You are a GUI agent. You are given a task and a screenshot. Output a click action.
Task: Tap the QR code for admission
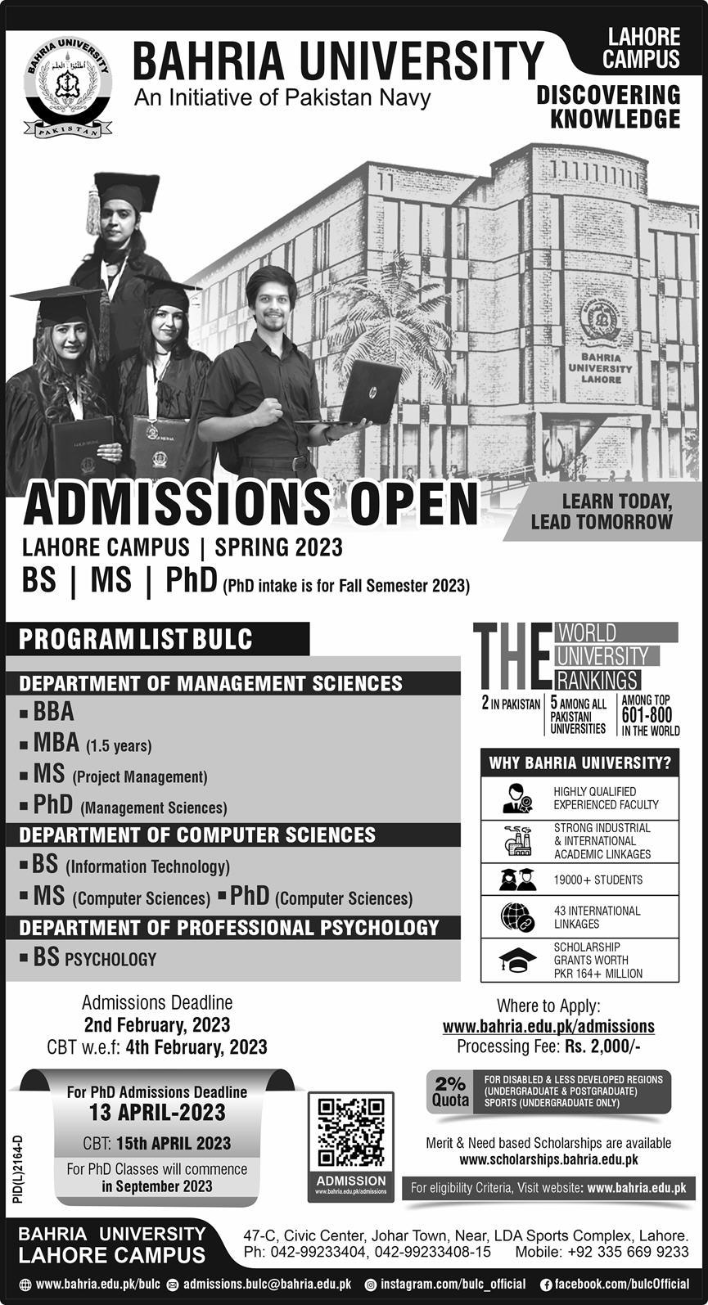[x=350, y=1132]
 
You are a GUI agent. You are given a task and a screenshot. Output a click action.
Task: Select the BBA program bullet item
[x=53, y=712]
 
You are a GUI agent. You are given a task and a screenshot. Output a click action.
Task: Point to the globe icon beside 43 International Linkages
[x=517, y=916]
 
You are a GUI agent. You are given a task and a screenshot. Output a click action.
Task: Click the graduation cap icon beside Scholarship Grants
[x=517, y=960]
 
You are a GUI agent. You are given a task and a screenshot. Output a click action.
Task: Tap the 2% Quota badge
[x=450, y=1091]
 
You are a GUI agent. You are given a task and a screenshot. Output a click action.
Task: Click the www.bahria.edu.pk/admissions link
[x=548, y=1026]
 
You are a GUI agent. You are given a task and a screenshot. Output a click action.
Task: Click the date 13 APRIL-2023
[x=157, y=1113]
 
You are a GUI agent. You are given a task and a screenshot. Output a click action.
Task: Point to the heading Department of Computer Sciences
[x=197, y=835]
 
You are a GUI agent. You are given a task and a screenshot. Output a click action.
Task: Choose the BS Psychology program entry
[x=94, y=958]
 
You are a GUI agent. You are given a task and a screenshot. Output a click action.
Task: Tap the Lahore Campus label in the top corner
[x=642, y=47]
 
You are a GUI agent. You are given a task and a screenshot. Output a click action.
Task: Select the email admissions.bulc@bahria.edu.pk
[x=267, y=1285]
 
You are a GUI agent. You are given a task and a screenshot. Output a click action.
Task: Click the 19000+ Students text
[x=598, y=880]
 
